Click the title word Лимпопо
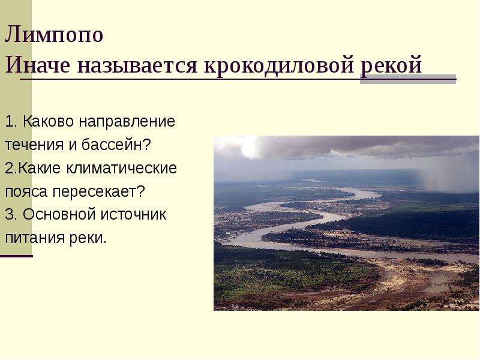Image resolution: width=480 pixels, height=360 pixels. (x=54, y=34)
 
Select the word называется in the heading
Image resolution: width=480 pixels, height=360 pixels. (x=137, y=65)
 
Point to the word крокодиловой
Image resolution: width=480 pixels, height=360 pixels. (x=279, y=65)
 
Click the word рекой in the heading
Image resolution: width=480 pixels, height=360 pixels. (x=391, y=65)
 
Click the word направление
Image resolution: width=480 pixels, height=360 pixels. (x=127, y=122)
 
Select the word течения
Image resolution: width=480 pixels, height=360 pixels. (x=33, y=145)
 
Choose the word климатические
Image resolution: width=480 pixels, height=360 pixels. (x=122, y=168)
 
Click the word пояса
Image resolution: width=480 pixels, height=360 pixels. (x=26, y=192)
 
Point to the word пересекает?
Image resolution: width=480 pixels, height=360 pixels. (x=98, y=191)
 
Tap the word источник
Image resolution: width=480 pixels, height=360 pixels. (x=134, y=214)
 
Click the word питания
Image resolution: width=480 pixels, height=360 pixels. (x=35, y=238)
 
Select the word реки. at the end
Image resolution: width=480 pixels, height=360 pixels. (x=88, y=238)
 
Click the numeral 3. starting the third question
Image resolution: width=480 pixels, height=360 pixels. (x=11, y=214)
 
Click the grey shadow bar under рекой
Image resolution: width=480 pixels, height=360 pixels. (x=408, y=79)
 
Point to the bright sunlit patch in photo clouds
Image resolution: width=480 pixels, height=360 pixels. (x=248, y=147)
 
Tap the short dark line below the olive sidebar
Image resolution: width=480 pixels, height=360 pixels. (x=16, y=256)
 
